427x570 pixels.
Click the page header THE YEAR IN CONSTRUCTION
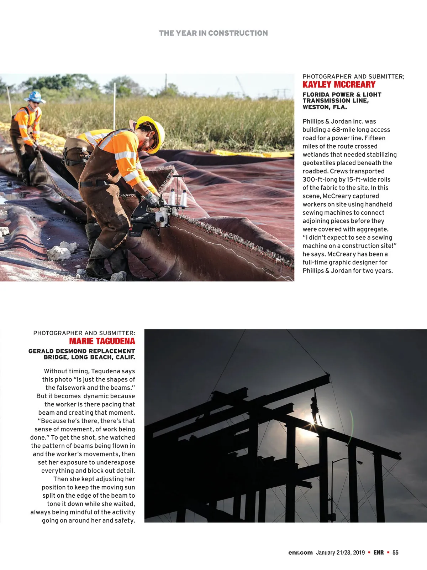point(213,33)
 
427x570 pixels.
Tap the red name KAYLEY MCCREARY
point(339,85)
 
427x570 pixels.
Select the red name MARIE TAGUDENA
point(102,341)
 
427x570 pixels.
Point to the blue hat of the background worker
point(35,96)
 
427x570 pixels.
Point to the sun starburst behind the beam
point(315,426)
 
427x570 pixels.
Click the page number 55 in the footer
point(395,553)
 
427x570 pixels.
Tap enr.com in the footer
point(300,553)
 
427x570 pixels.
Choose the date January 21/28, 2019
point(340,553)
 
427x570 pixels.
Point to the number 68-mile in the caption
point(343,130)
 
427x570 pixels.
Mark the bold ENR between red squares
point(379,553)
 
